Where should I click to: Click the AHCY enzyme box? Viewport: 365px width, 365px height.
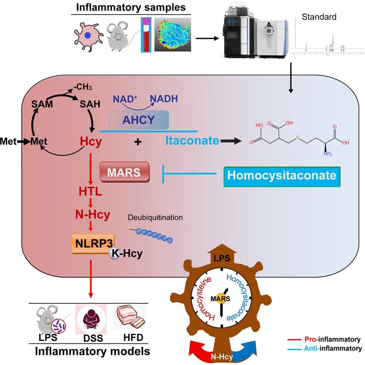click(139, 120)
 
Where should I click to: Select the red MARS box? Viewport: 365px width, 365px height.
click(125, 172)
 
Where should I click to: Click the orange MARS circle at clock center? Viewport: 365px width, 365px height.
click(221, 298)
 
